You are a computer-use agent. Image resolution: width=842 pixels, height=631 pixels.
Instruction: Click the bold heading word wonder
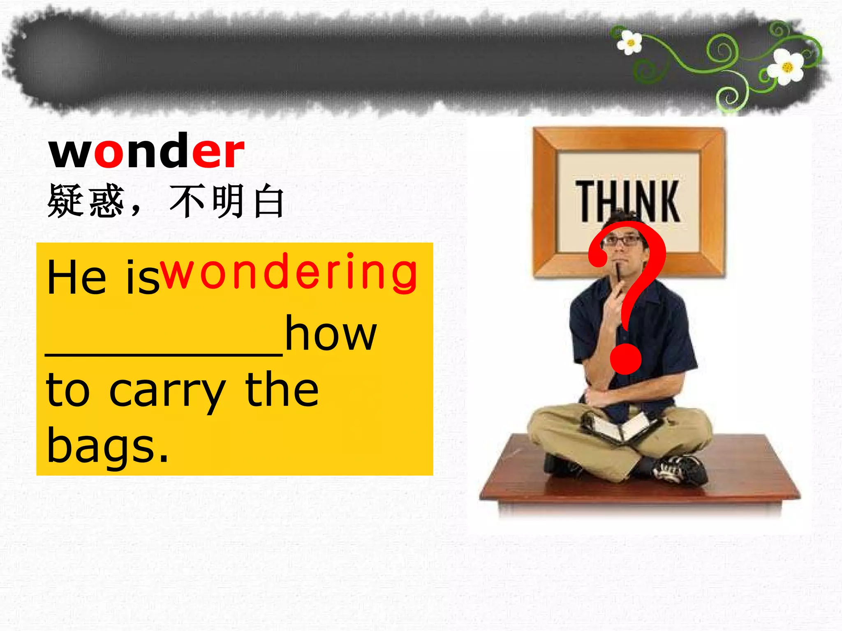147,151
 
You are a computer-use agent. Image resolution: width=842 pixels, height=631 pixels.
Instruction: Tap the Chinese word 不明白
227,201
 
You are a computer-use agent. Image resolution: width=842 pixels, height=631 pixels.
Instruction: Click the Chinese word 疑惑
86,201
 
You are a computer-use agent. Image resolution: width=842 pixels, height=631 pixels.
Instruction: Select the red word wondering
289,272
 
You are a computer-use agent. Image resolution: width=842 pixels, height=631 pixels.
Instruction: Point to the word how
331,334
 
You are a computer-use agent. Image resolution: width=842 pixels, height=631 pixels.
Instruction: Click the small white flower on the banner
629,42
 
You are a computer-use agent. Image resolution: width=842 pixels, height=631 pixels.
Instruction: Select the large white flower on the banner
786,67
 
